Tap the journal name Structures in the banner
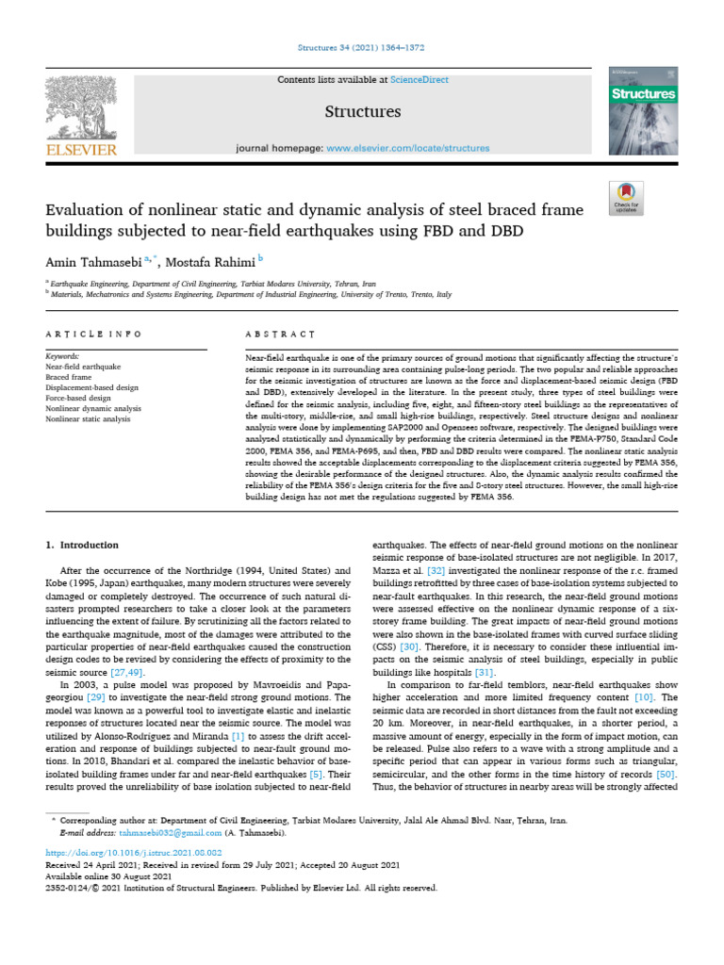(x=362, y=112)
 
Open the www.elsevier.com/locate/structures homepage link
(x=407, y=148)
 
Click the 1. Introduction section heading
(x=83, y=545)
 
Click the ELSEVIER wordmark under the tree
(x=79, y=150)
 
